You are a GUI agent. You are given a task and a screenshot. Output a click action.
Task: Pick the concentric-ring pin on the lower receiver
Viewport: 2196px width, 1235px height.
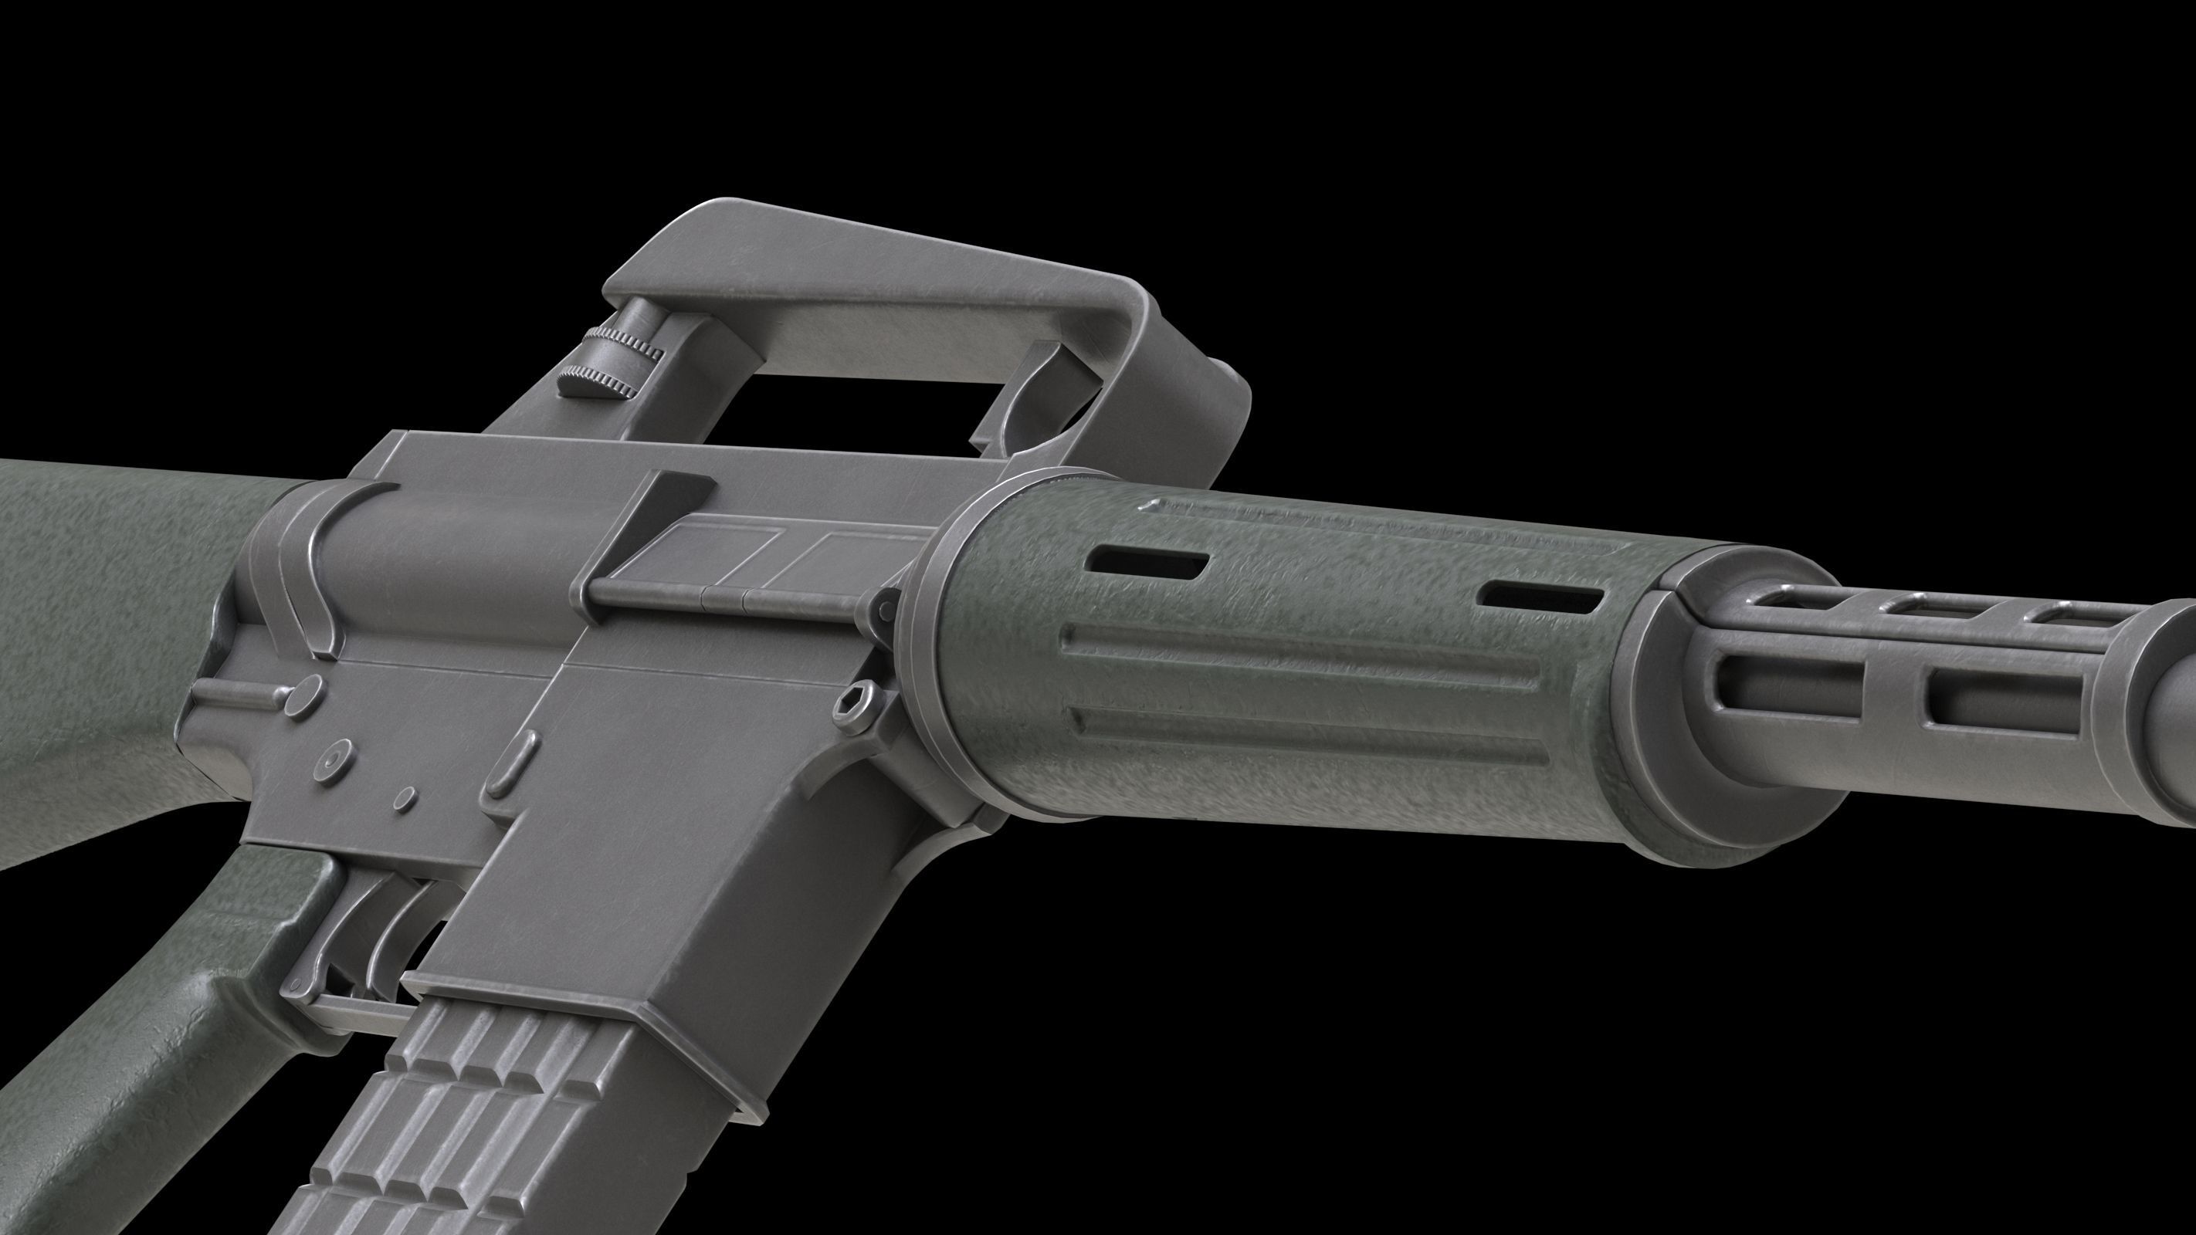pyautogui.click(x=334, y=757)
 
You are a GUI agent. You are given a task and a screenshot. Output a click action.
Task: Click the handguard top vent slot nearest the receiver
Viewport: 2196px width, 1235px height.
pyautogui.click(x=1149, y=563)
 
